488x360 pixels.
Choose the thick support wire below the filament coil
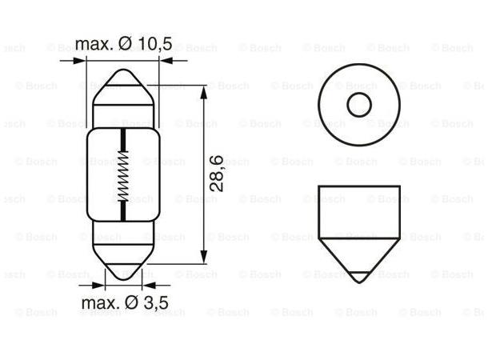click(123, 213)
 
